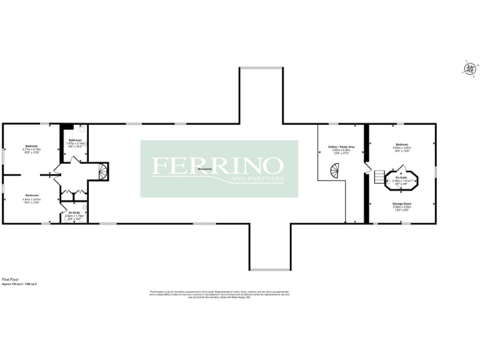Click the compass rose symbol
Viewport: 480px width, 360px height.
(468, 69)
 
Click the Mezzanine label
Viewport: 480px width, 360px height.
(204, 169)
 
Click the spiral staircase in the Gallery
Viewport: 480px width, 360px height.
(337, 169)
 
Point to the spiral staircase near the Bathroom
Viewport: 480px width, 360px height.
(103, 171)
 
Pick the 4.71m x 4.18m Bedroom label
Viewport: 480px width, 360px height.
(31, 148)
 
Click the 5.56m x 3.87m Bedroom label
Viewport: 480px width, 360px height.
(402, 145)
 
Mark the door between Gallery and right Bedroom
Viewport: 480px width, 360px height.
(367, 168)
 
